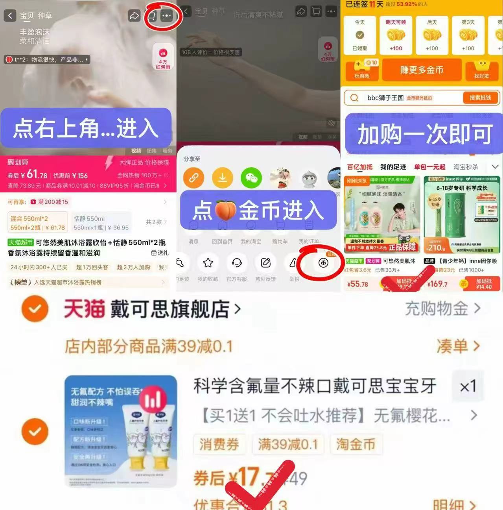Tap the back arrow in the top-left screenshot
(x=10, y=16)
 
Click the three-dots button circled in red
(x=166, y=16)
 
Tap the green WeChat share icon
(x=251, y=178)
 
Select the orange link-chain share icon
(x=193, y=178)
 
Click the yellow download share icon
(x=222, y=178)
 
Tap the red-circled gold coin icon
(x=323, y=263)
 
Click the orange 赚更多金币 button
(x=422, y=70)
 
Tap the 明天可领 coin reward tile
(x=396, y=35)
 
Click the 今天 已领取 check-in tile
(x=359, y=35)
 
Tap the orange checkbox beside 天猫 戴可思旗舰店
(x=35, y=309)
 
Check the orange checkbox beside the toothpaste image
(x=35, y=431)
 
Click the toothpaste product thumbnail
(x=121, y=431)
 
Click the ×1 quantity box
(x=468, y=386)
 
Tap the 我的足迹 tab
(x=393, y=167)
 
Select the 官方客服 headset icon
(x=237, y=263)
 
